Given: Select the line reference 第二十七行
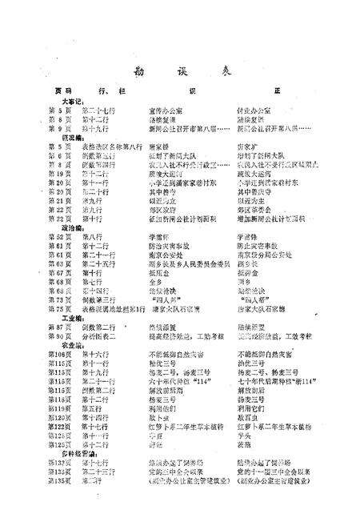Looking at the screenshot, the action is (101, 110).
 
